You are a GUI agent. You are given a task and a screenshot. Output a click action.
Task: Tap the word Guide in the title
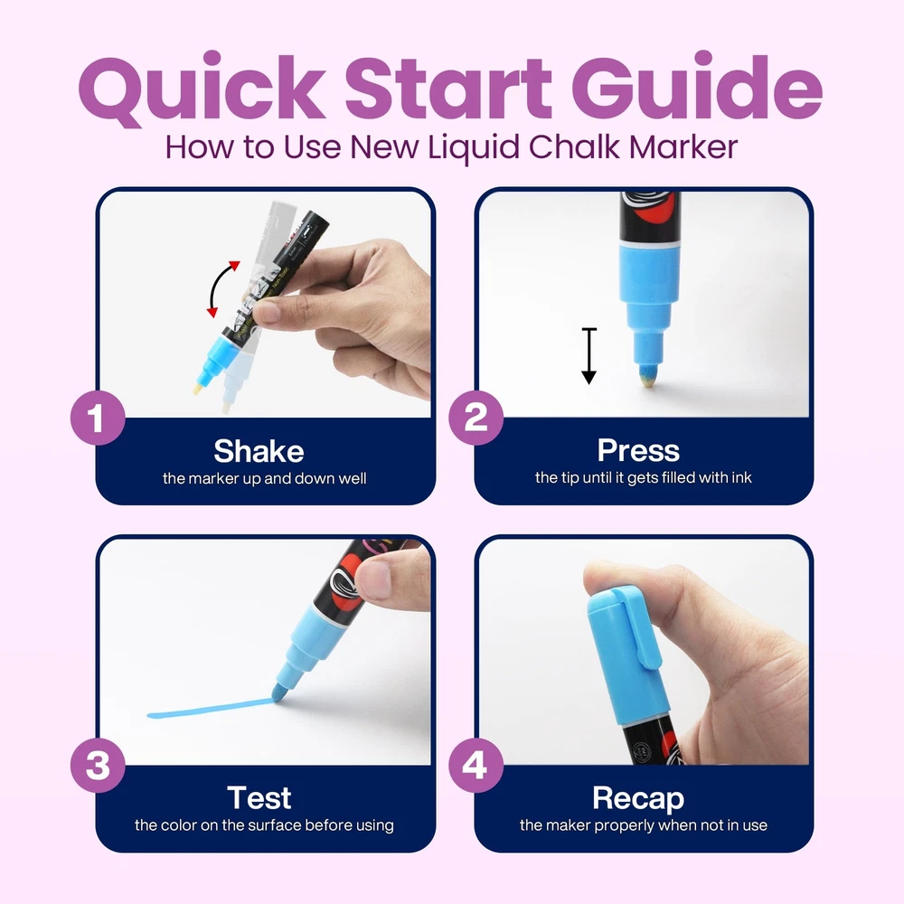[697, 87]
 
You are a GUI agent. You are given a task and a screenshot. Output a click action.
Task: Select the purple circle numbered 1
[98, 418]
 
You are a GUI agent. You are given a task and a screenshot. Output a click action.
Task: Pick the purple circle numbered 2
[476, 418]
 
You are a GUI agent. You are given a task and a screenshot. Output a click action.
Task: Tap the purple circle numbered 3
[98, 766]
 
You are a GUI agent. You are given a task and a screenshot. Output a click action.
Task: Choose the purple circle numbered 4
[476, 766]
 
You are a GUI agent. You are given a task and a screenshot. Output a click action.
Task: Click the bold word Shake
[259, 451]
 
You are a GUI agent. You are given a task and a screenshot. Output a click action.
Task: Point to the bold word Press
[638, 450]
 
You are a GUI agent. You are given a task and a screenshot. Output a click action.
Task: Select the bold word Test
[259, 798]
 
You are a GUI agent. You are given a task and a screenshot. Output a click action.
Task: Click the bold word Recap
[638, 799]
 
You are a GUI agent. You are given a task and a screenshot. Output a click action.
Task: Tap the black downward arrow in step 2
[589, 355]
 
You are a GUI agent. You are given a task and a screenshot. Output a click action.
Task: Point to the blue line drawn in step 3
[211, 709]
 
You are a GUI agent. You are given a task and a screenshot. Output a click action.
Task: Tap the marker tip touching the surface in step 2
[647, 375]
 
